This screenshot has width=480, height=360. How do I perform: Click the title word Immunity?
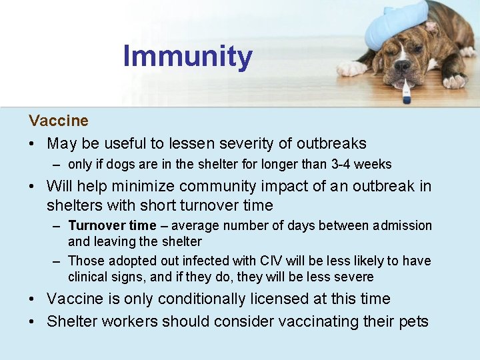click(187, 57)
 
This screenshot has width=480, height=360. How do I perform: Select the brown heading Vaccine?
click(59, 121)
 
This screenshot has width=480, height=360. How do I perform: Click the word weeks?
click(375, 164)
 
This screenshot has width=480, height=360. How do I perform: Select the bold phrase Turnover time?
click(112, 226)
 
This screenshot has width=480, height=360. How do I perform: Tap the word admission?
click(403, 226)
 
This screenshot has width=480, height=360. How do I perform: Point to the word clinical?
click(89, 277)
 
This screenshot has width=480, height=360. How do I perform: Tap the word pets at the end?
click(413, 321)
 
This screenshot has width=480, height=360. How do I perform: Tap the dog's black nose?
click(402, 66)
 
